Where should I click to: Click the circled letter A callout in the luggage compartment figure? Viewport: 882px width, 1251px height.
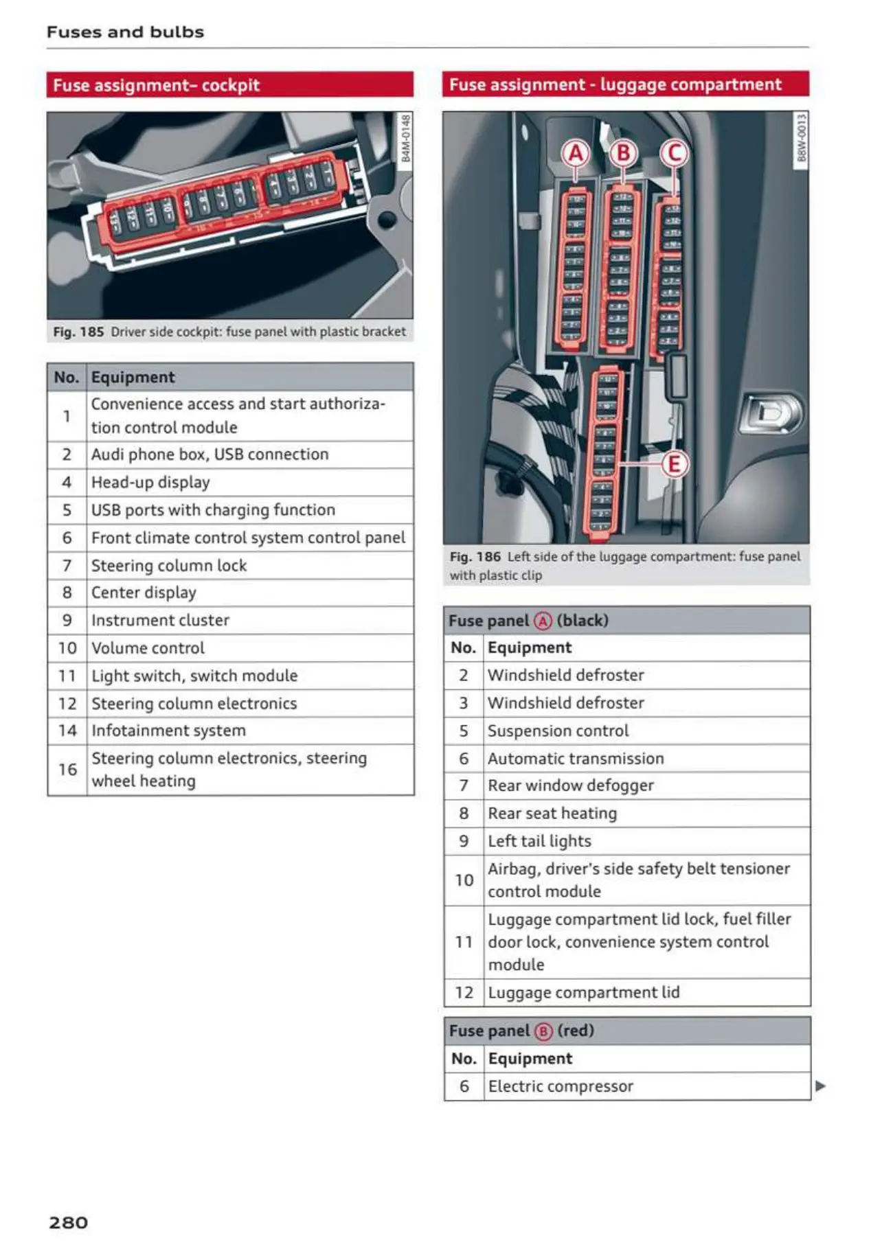[576, 153]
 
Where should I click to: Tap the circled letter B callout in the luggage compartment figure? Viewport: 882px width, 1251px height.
[624, 152]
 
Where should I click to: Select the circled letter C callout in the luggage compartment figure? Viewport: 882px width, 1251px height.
[674, 152]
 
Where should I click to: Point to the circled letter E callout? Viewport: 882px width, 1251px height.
[674, 465]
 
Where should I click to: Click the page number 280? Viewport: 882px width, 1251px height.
[69, 1222]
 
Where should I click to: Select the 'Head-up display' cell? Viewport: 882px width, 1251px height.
[150, 482]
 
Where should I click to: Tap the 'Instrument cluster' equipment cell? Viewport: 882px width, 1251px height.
[160, 620]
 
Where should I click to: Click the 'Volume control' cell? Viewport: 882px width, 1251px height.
[148, 647]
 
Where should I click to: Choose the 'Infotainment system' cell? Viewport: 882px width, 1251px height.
[168, 731]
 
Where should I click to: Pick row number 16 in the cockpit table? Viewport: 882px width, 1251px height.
[67, 769]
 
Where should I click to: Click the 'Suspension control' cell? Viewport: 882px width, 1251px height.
[558, 731]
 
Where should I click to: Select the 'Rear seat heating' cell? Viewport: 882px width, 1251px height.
[552, 813]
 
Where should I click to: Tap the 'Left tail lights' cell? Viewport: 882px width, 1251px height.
[539, 841]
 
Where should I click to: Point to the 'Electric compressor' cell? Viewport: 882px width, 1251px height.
[561, 1086]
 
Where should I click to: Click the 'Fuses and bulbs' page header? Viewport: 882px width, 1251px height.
[125, 32]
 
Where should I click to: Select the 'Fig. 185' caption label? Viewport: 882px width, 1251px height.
[78, 332]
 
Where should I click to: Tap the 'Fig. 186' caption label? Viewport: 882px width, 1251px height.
[475, 556]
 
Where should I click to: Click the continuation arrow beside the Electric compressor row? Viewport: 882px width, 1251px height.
[820, 1086]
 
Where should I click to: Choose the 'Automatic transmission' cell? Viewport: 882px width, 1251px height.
[576, 758]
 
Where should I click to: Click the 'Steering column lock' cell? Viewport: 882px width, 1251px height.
[169, 565]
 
